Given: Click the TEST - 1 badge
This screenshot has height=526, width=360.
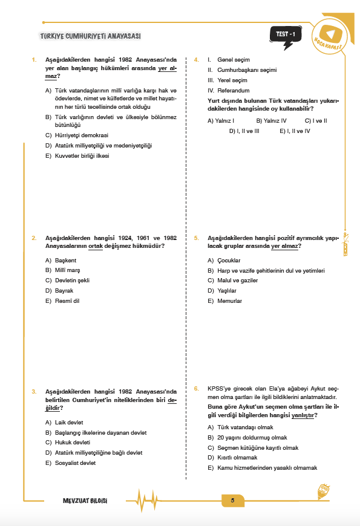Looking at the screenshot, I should click(x=284, y=35).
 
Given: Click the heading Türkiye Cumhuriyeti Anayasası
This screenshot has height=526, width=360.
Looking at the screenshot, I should click(x=90, y=36).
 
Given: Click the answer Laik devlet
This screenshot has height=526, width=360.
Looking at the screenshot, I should click(x=68, y=422).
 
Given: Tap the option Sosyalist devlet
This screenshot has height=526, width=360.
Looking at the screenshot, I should click(x=74, y=463).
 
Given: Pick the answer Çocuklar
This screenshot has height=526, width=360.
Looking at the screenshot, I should click(x=228, y=260).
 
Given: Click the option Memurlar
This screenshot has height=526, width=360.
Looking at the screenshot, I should click(x=229, y=300).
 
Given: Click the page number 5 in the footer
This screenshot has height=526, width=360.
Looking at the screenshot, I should click(x=232, y=501).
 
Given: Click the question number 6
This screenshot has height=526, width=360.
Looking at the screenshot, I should click(x=196, y=388).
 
